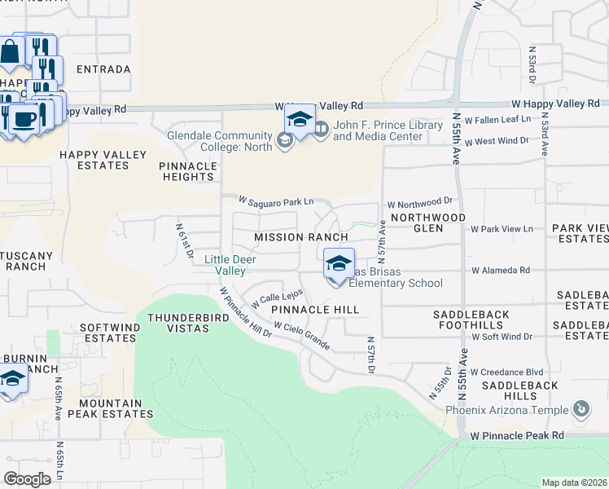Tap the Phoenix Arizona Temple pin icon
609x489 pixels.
(x=581, y=409)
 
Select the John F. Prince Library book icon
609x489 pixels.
(x=322, y=128)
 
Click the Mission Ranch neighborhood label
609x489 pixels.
(x=301, y=236)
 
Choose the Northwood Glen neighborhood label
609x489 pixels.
(x=427, y=223)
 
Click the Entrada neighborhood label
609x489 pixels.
(x=103, y=69)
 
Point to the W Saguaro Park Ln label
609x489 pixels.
(x=276, y=200)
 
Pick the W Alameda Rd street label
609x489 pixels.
(x=500, y=270)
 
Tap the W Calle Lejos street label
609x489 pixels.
(x=277, y=297)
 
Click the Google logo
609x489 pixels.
(x=28, y=478)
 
